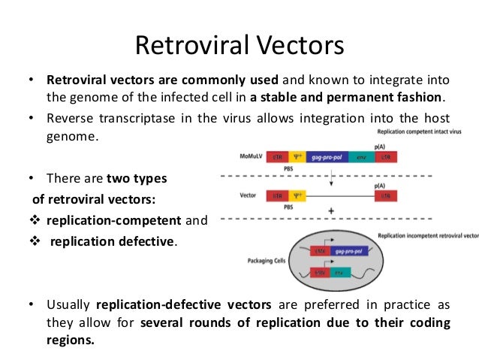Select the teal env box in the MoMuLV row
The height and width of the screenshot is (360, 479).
[360, 159]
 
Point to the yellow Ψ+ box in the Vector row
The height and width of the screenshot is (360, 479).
[298, 195]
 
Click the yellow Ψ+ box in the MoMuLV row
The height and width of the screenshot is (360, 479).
[298, 159]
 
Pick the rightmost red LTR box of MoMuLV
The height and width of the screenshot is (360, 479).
[387, 159]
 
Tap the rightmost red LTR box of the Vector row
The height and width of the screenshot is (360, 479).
[387, 195]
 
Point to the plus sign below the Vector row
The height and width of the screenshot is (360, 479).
[331, 212]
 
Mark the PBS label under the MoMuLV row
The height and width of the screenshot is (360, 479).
[288, 170]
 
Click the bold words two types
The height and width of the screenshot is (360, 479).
[137, 178]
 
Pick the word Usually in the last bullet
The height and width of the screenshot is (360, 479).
[69, 306]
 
